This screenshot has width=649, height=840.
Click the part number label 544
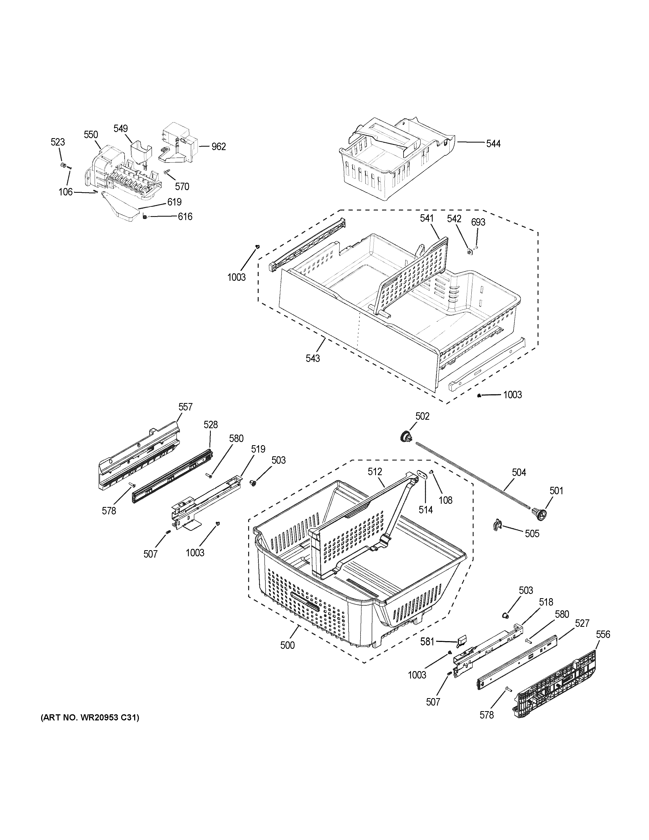tap(493, 144)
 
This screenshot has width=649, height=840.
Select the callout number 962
tap(218, 147)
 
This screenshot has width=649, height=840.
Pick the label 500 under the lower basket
tap(287, 645)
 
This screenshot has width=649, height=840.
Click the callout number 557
tap(185, 407)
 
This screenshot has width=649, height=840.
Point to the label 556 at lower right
tap(603, 634)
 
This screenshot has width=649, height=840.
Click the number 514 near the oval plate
tap(426, 510)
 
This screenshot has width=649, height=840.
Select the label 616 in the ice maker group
tap(185, 217)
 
